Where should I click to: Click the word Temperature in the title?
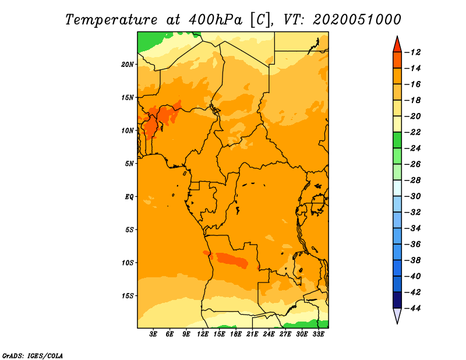(111, 20)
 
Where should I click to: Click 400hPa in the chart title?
(215, 20)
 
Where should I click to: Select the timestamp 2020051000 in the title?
(356, 20)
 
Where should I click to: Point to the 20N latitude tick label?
(128, 64)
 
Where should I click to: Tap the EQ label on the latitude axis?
(129, 197)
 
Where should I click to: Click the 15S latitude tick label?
(128, 296)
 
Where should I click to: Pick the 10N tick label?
(128, 130)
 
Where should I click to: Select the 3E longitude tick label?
(153, 334)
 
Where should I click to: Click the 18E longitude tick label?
(235, 334)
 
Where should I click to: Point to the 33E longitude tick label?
(318, 334)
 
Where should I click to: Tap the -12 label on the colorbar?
(413, 52)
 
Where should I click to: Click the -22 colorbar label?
(413, 132)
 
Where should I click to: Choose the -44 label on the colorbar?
(413, 308)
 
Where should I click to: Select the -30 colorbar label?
(413, 196)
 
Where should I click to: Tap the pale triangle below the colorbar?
(397, 315)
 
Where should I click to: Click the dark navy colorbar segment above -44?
(397, 300)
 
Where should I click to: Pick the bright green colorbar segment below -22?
(397, 140)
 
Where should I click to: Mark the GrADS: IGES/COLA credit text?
(33, 356)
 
